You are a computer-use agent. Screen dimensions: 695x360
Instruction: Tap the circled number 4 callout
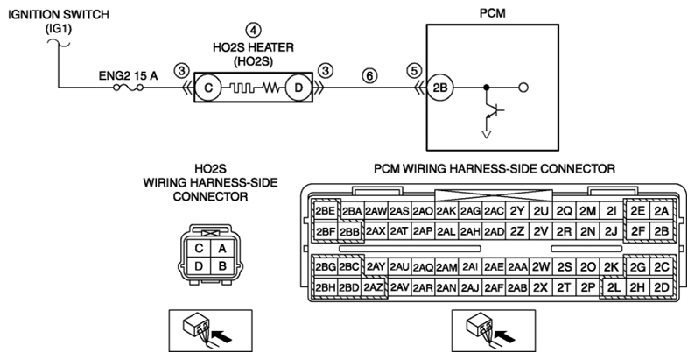click(253, 30)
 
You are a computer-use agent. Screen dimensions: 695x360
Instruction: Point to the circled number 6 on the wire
click(369, 76)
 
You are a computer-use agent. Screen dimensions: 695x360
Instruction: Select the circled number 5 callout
click(414, 70)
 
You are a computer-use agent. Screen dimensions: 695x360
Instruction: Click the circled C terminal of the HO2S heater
click(208, 88)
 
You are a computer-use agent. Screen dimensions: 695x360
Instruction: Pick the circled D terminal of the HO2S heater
click(298, 88)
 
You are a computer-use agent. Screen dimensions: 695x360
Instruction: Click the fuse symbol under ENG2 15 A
click(128, 88)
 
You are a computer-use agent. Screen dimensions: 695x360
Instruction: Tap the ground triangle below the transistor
click(487, 134)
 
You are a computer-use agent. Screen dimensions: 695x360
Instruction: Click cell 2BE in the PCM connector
click(326, 211)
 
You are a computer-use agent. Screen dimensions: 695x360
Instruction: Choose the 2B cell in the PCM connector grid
click(662, 231)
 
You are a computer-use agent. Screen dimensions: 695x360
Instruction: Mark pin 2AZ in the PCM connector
click(373, 287)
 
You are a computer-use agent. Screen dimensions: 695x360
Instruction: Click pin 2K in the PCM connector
click(611, 267)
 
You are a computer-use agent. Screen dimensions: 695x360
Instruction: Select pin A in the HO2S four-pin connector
click(222, 249)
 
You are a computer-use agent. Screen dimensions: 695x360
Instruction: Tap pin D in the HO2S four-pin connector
click(199, 266)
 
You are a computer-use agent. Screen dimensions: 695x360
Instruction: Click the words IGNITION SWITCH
click(59, 14)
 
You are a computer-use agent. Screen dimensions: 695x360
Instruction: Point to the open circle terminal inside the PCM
click(523, 88)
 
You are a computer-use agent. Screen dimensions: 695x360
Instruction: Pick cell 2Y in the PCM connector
click(517, 211)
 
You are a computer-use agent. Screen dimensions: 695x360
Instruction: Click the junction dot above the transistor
click(487, 88)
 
